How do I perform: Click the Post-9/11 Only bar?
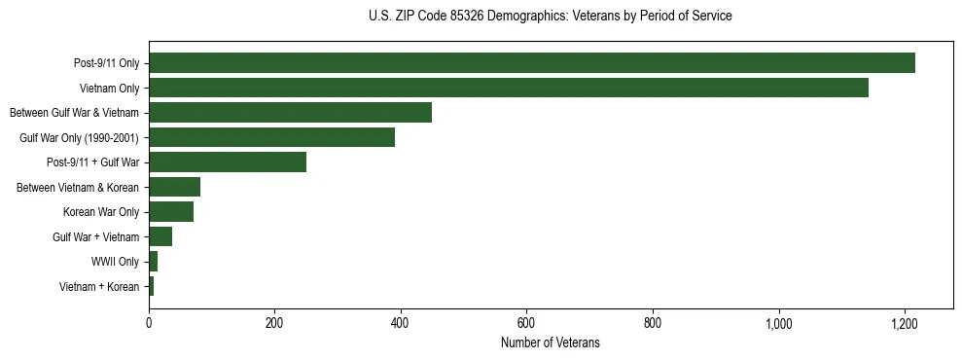(x=532, y=63)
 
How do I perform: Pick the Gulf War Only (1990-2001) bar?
(x=271, y=137)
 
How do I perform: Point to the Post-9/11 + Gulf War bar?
(x=228, y=162)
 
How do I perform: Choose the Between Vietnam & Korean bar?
(x=174, y=187)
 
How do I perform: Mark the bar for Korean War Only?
(x=171, y=212)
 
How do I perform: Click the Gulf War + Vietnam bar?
(x=160, y=236)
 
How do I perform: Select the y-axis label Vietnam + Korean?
(x=99, y=286)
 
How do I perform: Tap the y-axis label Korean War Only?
(x=101, y=212)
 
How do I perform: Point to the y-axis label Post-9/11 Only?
(x=106, y=63)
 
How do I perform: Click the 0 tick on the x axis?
(x=149, y=322)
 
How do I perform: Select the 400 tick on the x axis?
(x=401, y=322)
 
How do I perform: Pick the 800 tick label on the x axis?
(x=653, y=322)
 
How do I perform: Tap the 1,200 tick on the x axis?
(x=905, y=322)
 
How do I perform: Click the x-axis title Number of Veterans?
(x=550, y=342)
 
